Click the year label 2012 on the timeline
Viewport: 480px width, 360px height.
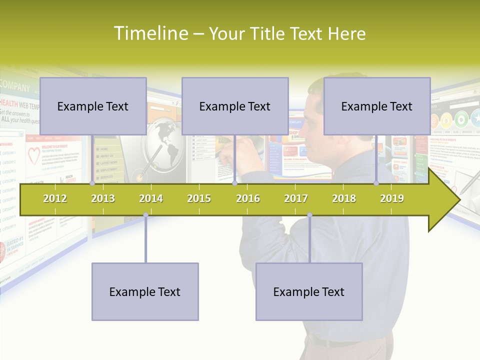coord(55,198)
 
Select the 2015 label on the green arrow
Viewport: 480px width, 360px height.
coord(199,198)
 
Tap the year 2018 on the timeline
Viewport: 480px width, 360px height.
coord(344,198)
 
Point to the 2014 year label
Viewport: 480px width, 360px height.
coord(151,198)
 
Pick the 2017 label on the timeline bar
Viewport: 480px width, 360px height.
coord(296,198)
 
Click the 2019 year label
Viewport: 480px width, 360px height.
coord(392,198)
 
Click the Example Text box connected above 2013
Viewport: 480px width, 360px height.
coord(93,106)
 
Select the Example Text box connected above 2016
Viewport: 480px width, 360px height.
coord(235,106)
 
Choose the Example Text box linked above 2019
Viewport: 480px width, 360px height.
coord(377,106)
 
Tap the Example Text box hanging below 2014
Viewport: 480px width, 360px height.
coord(145,291)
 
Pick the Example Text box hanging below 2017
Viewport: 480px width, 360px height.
coord(309,291)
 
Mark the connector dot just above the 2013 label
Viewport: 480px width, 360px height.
coord(92,183)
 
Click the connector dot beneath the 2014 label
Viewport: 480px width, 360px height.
coord(145,215)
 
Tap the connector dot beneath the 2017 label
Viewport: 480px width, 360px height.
coord(309,215)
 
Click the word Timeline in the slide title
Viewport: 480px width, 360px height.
coord(150,33)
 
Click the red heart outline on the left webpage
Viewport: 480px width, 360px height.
coord(34,156)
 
